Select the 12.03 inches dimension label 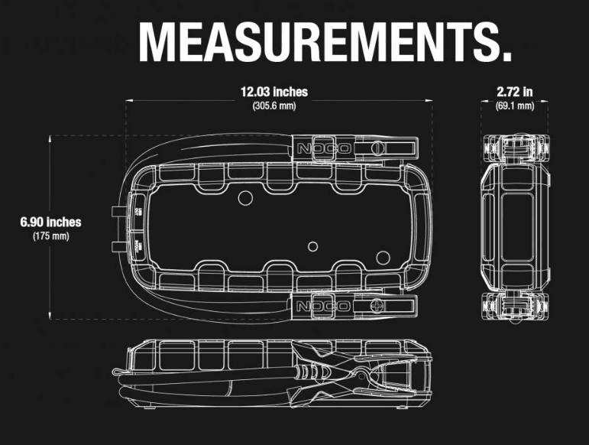pos(273,92)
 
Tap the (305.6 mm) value pos(273,106)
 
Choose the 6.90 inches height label pos(50,222)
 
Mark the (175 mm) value pos(50,236)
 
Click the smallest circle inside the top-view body pos(312,247)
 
